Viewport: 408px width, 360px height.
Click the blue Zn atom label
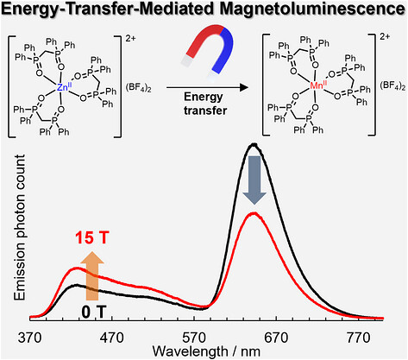[x=62, y=86]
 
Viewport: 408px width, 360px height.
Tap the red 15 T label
[x=92, y=238]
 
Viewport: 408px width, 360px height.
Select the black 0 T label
[x=94, y=312]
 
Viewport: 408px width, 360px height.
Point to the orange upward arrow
[x=92, y=275]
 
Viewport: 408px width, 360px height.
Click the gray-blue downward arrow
[x=254, y=180]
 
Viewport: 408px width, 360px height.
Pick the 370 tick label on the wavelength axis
[x=29, y=338]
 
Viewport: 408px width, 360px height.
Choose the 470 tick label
[x=112, y=338]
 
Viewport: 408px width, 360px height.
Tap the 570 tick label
[x=194, y=338]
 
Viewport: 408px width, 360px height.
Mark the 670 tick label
[x=276, y=338]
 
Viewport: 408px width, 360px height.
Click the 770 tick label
[x=358, y=338]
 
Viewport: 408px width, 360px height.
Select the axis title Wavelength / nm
[x=206, y=351]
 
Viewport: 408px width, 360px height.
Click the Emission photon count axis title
[x=20, y=227]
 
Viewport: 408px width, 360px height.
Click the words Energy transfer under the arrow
[x=205, y=104]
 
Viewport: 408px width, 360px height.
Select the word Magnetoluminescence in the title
[x=311, y=9]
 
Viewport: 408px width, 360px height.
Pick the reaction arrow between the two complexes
[x=207, y=87]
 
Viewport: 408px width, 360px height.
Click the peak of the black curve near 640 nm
[x=254, y=144]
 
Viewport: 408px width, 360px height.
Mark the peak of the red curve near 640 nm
[x=254, y=213]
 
